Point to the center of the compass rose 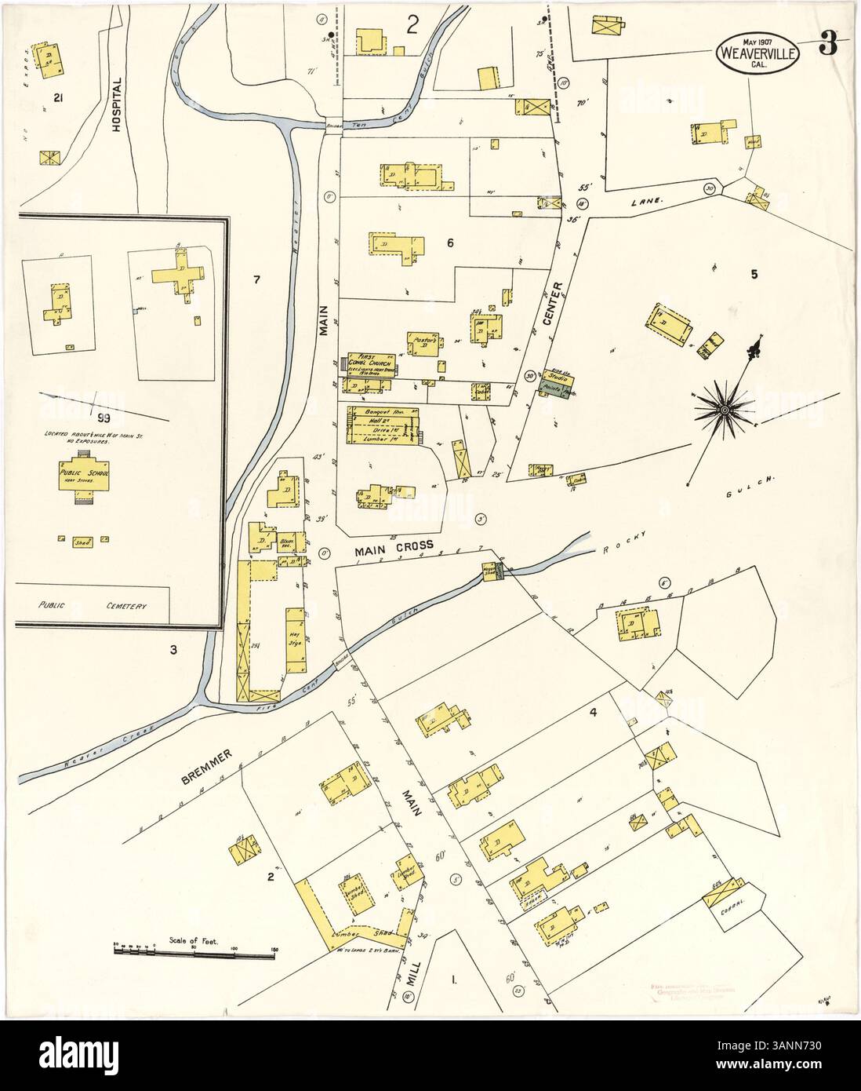coord(725,410)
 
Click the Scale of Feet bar coord(195,950)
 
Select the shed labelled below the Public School coord(80,541)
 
